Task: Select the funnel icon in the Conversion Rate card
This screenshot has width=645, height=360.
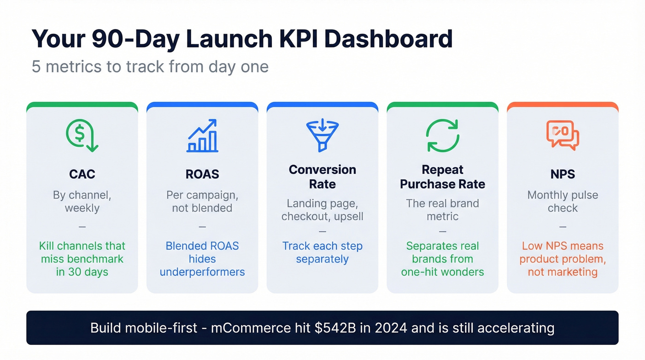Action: pyautogui.click(x=322, y=135)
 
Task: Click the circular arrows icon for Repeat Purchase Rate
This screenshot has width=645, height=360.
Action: pyautogui.click(x=442, y=136)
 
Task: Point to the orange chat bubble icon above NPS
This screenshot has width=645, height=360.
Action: pyautogui.click(x=563, y=135)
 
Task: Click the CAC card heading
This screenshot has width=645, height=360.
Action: pyautogui.click(x=82, y=174)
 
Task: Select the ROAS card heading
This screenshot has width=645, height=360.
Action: pyautogui.click(x=202, y=174)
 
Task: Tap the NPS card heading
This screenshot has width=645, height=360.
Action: pyautogui.click(x=563, y=174)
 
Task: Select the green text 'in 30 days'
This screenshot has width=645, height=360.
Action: pyautogui.click(x=82, y=272)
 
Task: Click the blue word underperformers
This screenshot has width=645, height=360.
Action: pyautogui.click(x=202, y=272)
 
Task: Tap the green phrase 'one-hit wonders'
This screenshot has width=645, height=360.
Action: pyautogui.click(x=442, y=272)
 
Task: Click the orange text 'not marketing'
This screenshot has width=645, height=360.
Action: pyautogui.click(x=563, y=272)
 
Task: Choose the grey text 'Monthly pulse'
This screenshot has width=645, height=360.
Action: pyautogui.click(x=563, y=195)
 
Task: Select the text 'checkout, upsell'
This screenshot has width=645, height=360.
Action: pyautogui.click(x=322, y=216)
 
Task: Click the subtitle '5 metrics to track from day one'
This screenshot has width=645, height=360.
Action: pyautogui.click(x=150, y=66)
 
